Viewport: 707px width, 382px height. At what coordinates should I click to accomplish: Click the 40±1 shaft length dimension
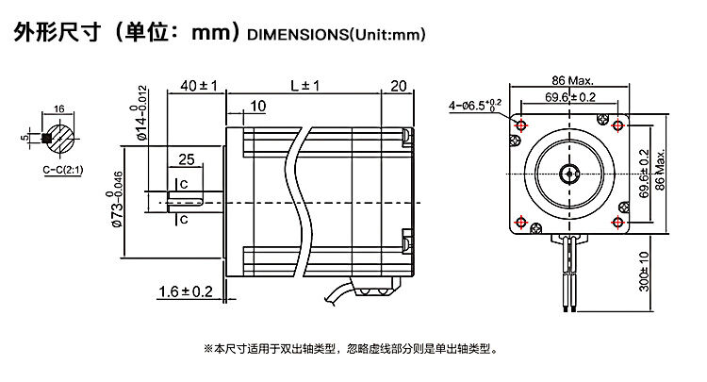197,86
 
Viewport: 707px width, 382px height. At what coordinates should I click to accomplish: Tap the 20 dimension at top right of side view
398,86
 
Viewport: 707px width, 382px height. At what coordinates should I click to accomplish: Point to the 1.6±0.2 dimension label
186,291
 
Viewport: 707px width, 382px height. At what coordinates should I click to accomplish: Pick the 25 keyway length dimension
186,158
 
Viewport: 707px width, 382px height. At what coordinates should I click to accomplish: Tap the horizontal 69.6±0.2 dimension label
570,96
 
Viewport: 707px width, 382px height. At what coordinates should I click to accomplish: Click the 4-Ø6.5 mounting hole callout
477,106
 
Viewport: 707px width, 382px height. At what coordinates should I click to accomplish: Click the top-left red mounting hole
520,125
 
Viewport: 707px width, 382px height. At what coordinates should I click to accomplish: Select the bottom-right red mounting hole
618,223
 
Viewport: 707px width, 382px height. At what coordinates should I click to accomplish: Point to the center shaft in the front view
569,174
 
